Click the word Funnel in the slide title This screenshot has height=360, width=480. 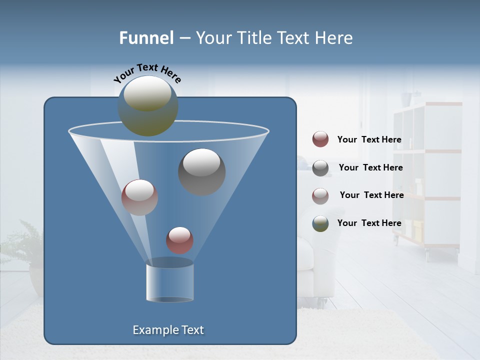pos(146,38)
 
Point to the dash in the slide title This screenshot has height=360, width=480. pos(184,38)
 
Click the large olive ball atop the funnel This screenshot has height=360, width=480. pos(147,105)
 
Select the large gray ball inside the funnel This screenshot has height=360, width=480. pos(201,171)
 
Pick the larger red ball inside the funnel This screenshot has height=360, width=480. pos(139,197)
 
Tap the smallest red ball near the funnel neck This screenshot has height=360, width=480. pos(179,240)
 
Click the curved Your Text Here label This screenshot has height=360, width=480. pos(147,73)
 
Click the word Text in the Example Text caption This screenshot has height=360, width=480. pos(192,330)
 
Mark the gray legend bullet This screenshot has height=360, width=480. pos(320,168)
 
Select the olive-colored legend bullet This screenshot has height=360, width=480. pos(320,223)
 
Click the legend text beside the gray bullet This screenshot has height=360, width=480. pos(370,167)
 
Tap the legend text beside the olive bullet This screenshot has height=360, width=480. pos(369,223)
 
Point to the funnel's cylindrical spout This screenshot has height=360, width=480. pos(169,282)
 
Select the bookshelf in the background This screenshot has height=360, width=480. pos(427,175)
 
